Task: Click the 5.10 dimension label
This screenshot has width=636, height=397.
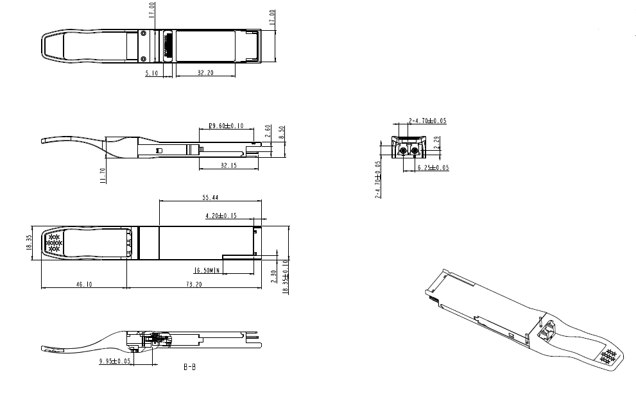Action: tap(152, 73)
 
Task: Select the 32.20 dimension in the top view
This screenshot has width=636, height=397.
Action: tap(205, 73)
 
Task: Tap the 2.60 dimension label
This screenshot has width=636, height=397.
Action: tap(268, 132)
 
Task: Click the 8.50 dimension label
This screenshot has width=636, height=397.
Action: tap(282, 133)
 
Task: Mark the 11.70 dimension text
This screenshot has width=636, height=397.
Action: tap(102, 175)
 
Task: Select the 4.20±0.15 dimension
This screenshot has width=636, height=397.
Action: tap(221, 216)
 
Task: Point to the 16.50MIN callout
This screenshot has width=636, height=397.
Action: tap(207, 270)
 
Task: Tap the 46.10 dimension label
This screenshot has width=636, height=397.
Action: tap(83, 284)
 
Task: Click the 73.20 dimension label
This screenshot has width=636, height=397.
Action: tap(194, 284)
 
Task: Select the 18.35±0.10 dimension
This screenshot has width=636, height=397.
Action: tap(286, 277)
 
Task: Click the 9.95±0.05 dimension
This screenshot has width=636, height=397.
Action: tap(115, 362)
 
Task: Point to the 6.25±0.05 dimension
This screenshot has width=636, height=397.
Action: tap(433, 167)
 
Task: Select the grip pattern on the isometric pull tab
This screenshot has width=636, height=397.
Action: tap(607, 357)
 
